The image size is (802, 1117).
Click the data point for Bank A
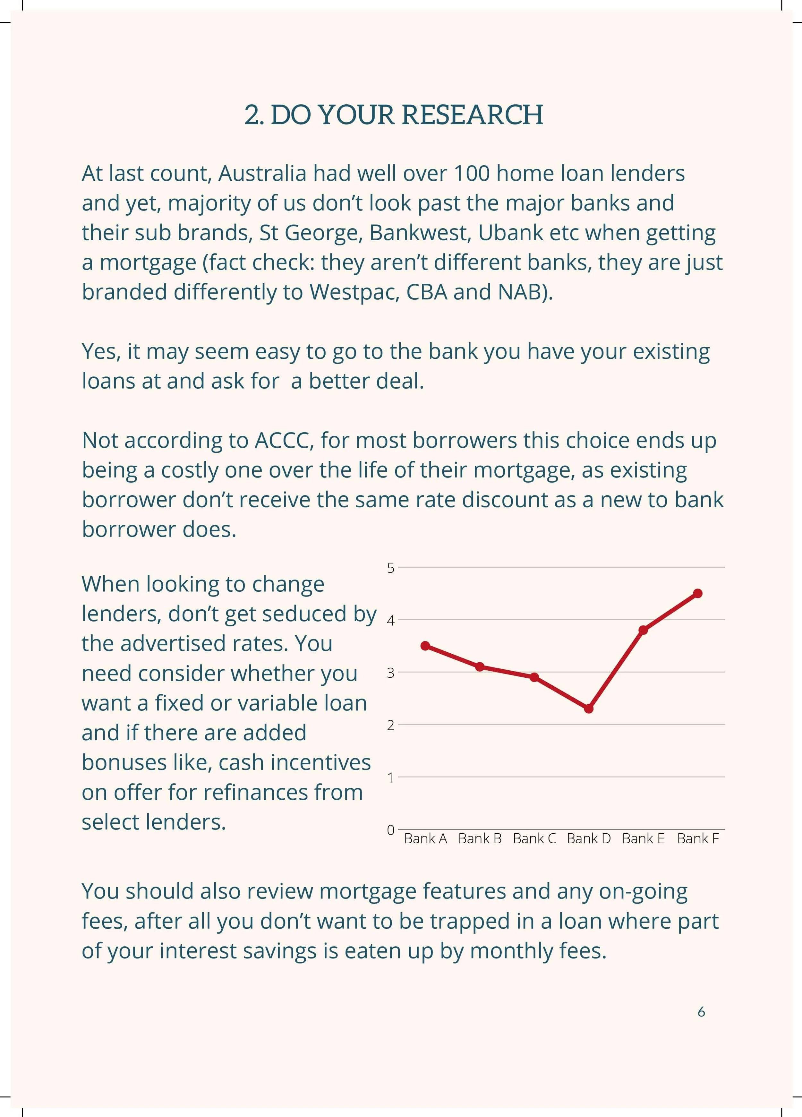425,646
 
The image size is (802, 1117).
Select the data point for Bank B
480,666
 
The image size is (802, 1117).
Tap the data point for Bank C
534,677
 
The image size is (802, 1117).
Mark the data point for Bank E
643,630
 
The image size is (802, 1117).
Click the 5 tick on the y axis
391,568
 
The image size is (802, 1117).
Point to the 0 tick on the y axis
391,830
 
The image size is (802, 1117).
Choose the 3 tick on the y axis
391,673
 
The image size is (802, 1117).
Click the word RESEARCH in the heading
472,115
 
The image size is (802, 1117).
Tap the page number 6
701,1012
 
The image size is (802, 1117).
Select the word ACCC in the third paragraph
284,440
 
